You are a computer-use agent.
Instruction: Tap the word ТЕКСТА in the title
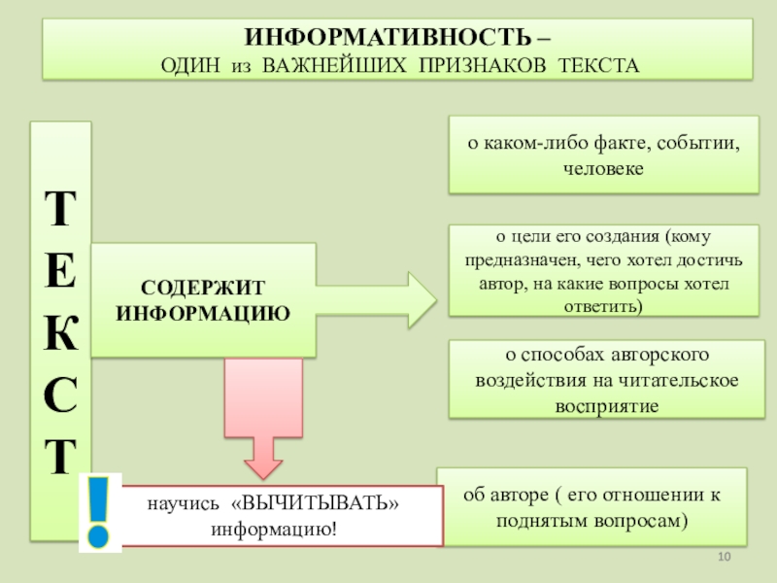[598, 66]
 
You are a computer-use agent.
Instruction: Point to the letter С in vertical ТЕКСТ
[61, 396]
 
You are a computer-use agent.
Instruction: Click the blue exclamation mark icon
[98, 512]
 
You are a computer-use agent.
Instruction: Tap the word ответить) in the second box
[603, 305]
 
